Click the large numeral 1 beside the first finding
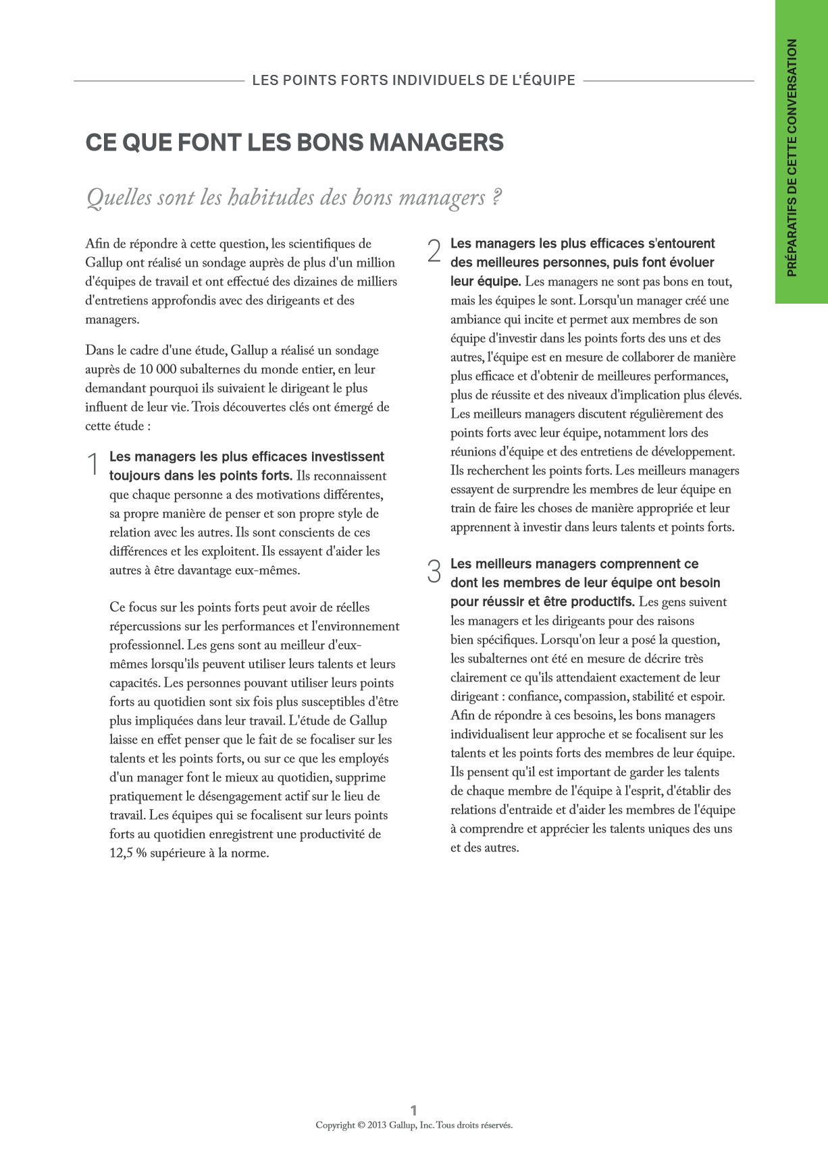click(x=93, y=466)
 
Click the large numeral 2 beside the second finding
click(x=434, y=252)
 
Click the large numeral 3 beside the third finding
click(x=434, y=572)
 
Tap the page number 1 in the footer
click(x=414, y=1110)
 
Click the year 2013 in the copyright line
click(x=377, y=1125)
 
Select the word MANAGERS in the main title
click(x=436, y=143)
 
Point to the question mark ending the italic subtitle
click(x=496, y=198)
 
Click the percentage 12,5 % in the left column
click(x=128, y=853)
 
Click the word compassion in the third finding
click(x=594, y=696)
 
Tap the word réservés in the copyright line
click(x=495, y=1125)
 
